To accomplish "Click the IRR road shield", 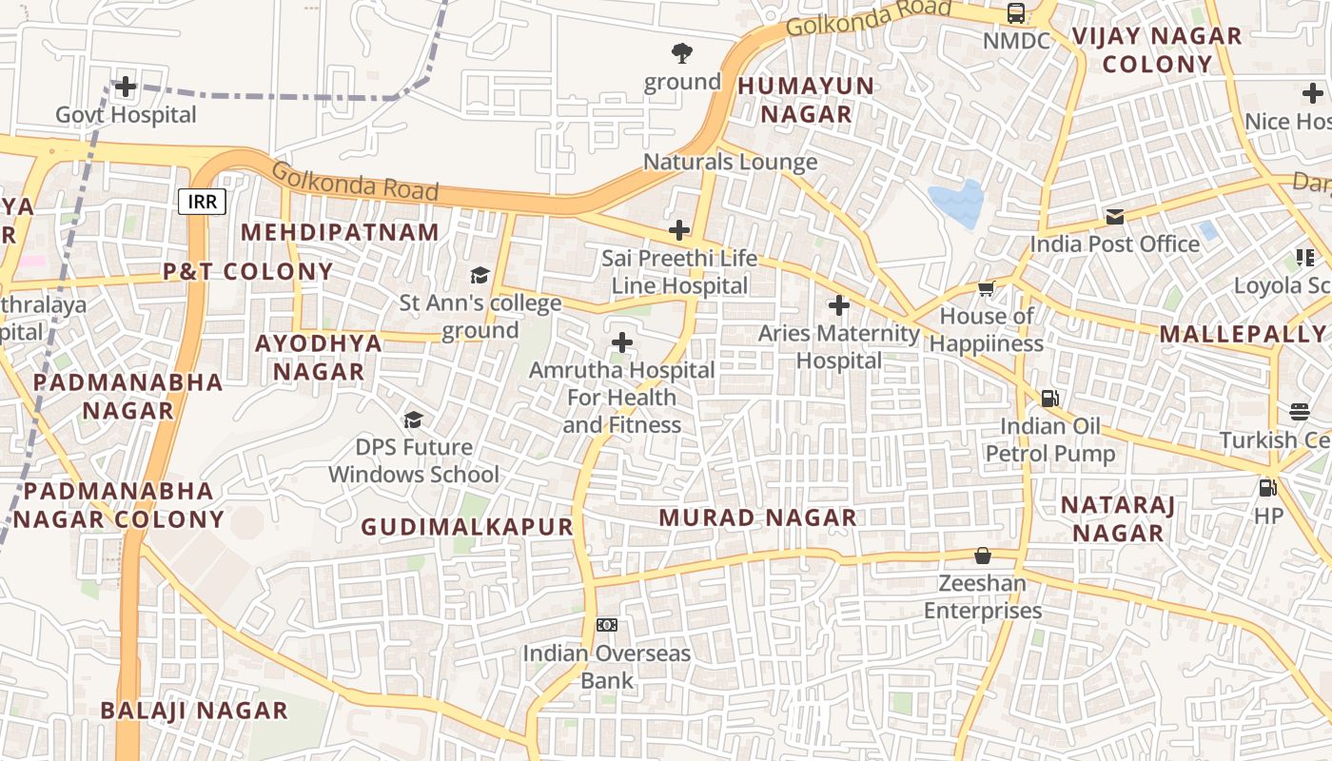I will coord(202,202).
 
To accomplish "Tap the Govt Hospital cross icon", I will coord(125,88).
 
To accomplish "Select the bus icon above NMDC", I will coord(1016,13).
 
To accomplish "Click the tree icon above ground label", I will coord(681,53).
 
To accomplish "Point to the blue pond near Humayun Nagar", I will coord(957,203).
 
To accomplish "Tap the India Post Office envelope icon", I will coord(1114,217).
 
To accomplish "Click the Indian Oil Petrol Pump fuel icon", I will coord(1049,399).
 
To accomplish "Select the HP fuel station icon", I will coord(1267,488).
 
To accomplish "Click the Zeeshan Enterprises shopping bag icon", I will coord(983,556).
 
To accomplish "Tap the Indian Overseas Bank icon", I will coord(606,625).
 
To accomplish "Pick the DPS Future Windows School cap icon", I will coord(413,420).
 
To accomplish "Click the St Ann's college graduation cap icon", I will coord(480,276).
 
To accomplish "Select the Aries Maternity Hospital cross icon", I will coord(838,305).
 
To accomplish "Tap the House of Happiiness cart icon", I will coord(986,288).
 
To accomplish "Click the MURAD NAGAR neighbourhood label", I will coord(757,517).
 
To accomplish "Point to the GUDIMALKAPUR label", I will coord(467,527).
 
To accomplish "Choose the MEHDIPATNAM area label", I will coord(340,232).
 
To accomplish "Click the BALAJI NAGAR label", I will coord(193,711).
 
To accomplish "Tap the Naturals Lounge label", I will coord(730,162).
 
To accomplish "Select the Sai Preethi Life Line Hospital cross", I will coord(679,230).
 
